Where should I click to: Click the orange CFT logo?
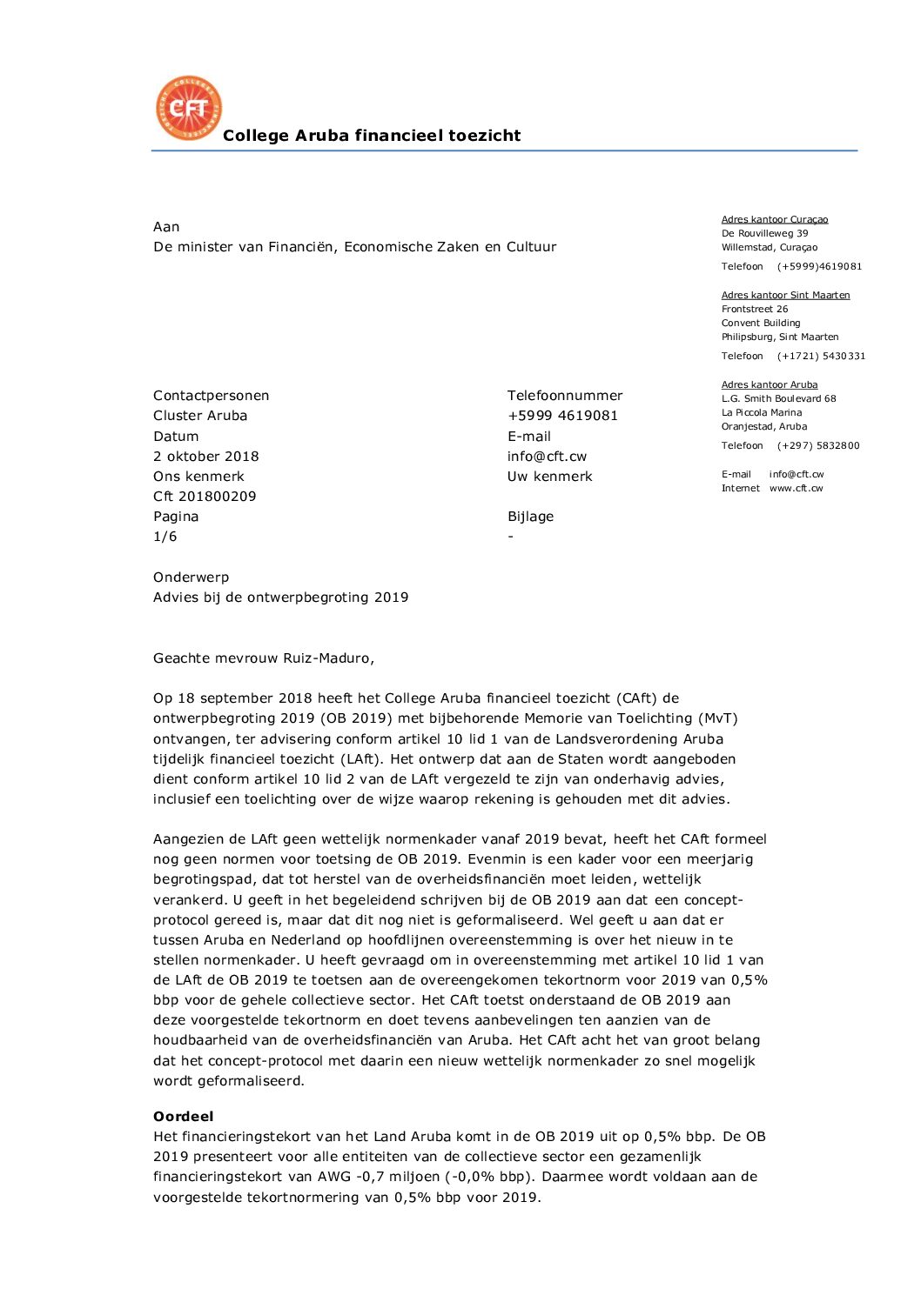pyautogui.click(x=189, y=108)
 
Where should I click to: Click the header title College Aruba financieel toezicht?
pyautogui.click(x=372, y=136)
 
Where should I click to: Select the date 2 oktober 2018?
pyautogui.click(x=206, y=457)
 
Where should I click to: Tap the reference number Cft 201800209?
pyautogui.click(x=205, y=497)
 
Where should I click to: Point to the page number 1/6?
pyautogui.click(x=165, y=537)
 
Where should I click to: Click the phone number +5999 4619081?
pyautogui.click(x=562, y=416)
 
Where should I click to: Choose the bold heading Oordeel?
pyautogui.click(x=184, y=1117)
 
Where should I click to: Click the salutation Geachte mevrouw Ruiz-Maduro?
pyautogui.click(x=264, y=658)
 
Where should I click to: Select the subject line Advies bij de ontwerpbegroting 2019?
pyautogui.click(x=280, y=598)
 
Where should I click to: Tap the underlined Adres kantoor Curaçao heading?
pyautogui.click(x=775, y=220)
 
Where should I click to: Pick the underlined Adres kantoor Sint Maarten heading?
pyautogui.click(x=785, y=296)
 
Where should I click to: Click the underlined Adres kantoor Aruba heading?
pyautogui.click(x=770, y=385)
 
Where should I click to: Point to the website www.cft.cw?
pyautogui.click(x=796, y=489)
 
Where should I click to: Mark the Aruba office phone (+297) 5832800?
pyautogui.click(x=818, y=446)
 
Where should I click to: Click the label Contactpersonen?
pyautogui.click(x=212, y=396)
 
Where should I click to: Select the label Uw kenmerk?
pyautogui.click(x=550, y=477)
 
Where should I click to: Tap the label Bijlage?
pyautogui.click(x=531, y=517)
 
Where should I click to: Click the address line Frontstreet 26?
pyautogui.click(x=755, y=310)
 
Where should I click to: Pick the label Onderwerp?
pyautogui.click(x=192, y=578)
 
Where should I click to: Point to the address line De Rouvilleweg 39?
pyautogui.click(x=764, y=234)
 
